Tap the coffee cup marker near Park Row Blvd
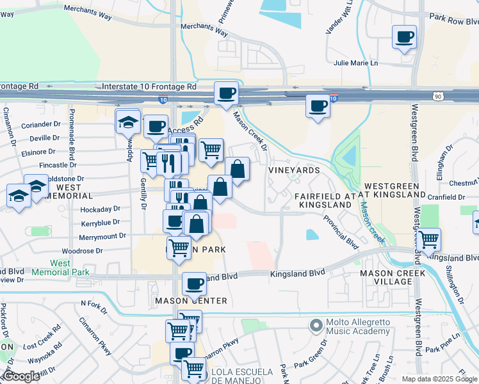point(404,37)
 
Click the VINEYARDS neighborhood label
point(294,171)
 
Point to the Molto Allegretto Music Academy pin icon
point(315,326)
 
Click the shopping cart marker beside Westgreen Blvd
point(428,240)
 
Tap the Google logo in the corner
point(21,376)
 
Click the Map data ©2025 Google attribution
point(439,379)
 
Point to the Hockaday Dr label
point(100,209)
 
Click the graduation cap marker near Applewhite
point(128,120)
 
